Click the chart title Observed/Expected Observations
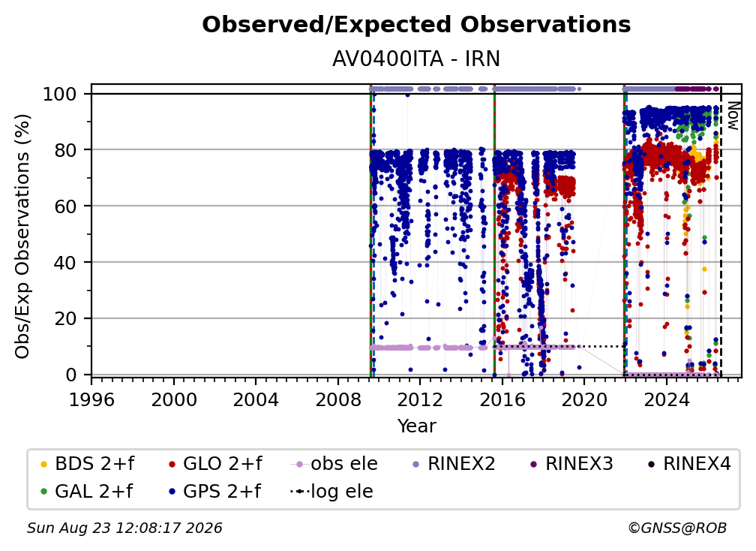click(x=416, y=25)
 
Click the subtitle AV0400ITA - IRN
click(x=416, y=59)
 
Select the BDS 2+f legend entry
click(x=87, y=464)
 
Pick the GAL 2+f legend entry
click(x=86, y=492)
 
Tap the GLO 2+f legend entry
click(x=215, y=464)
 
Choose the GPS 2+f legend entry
click(x=214, y=492)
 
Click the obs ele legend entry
click(x=334, y=464)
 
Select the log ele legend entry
click(x=331, y=492)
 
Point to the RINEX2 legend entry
click(x=454, y=464)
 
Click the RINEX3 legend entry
click(x=571, y=464)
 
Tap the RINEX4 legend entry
click(x=689, y=464)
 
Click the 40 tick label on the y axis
click(x=65, y=263)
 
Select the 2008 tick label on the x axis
click(x=338, y=399)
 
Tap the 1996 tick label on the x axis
click(x=91, y=399)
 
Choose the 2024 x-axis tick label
click(x=666, y=399)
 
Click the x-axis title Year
click(x=416, y=426)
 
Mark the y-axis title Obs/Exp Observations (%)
click(x=22, y=236)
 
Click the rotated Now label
click(x=733, y=116)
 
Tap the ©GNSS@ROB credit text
click(x=677, y=528)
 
